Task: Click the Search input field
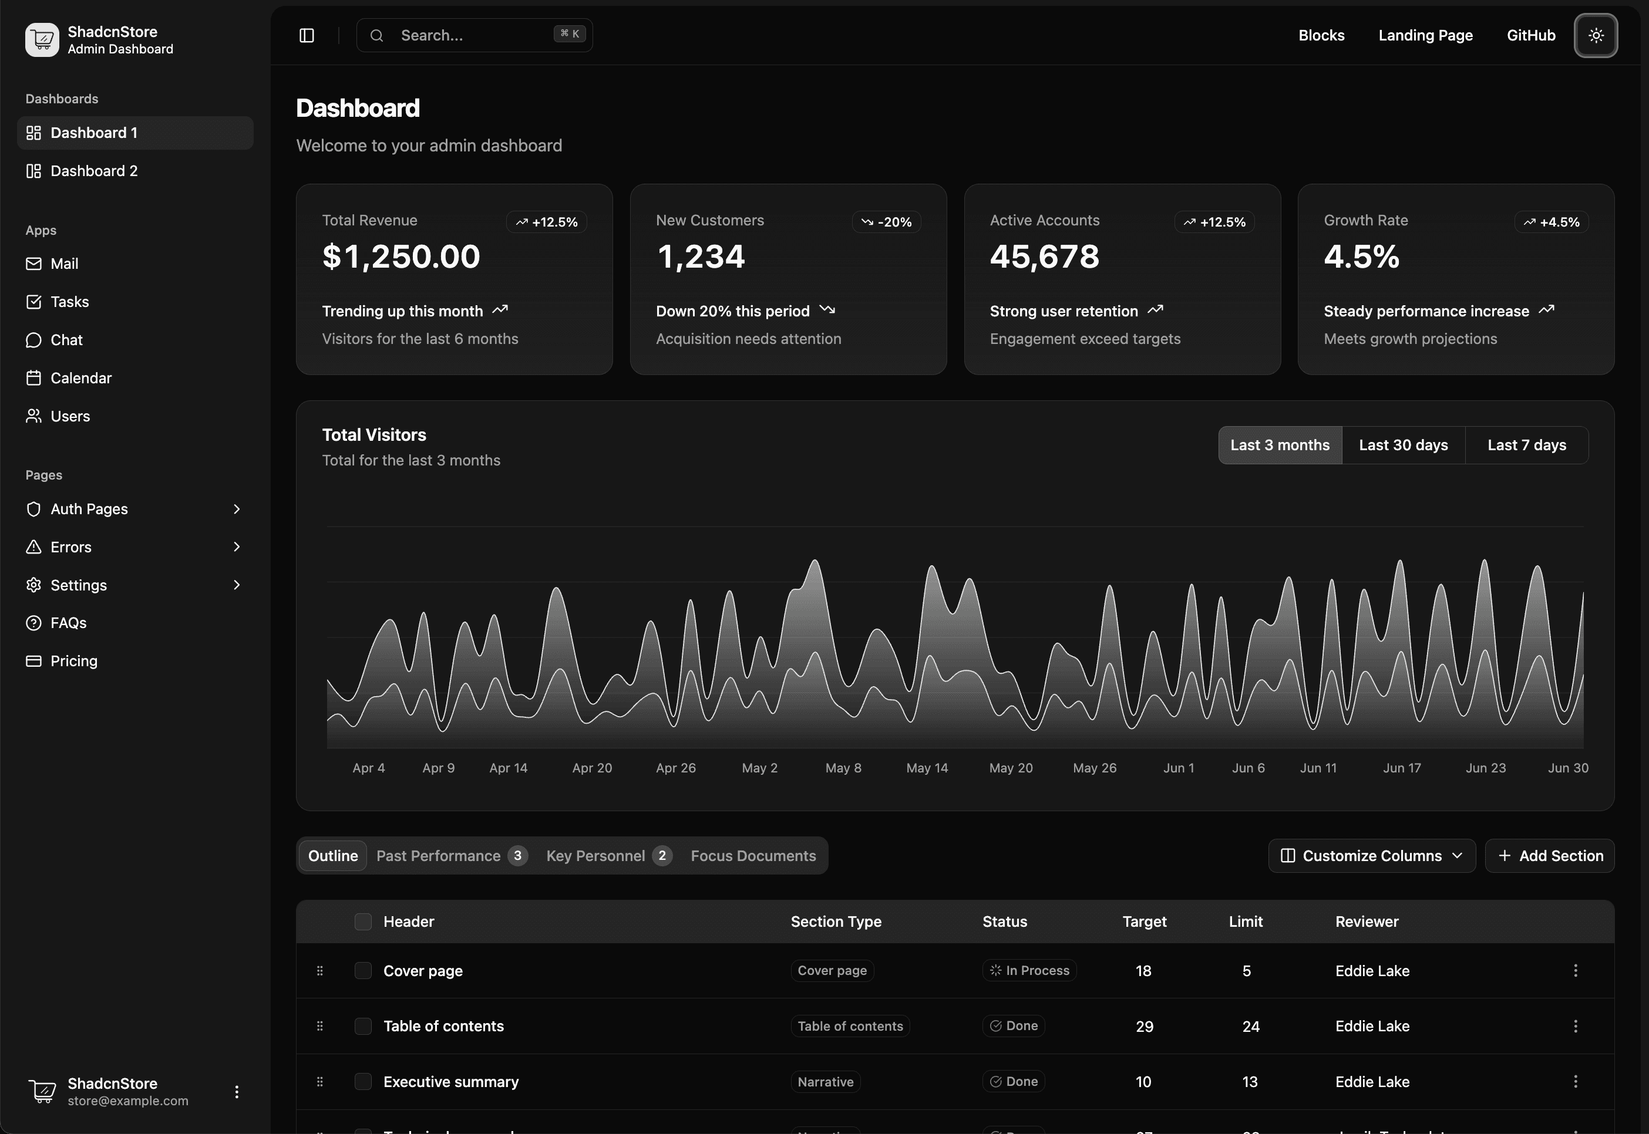click(473, 36)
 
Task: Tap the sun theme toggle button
click(1596, 36)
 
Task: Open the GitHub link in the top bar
click(1531, 36)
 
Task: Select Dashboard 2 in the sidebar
click(94, 171)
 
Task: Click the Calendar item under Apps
click(80, 378)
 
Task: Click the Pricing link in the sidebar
click(73, 662)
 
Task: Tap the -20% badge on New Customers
click(886, 222)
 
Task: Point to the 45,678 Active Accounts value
click(1044, 256)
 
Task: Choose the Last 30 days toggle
click(1403, 446)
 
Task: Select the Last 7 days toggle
click(1526, 446)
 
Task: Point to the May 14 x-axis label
click(927, 768)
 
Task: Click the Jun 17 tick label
click(1402, 768)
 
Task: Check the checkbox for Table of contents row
click(363, 1026)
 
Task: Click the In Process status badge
click(1029, 971)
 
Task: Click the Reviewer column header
click(1366, 922)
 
